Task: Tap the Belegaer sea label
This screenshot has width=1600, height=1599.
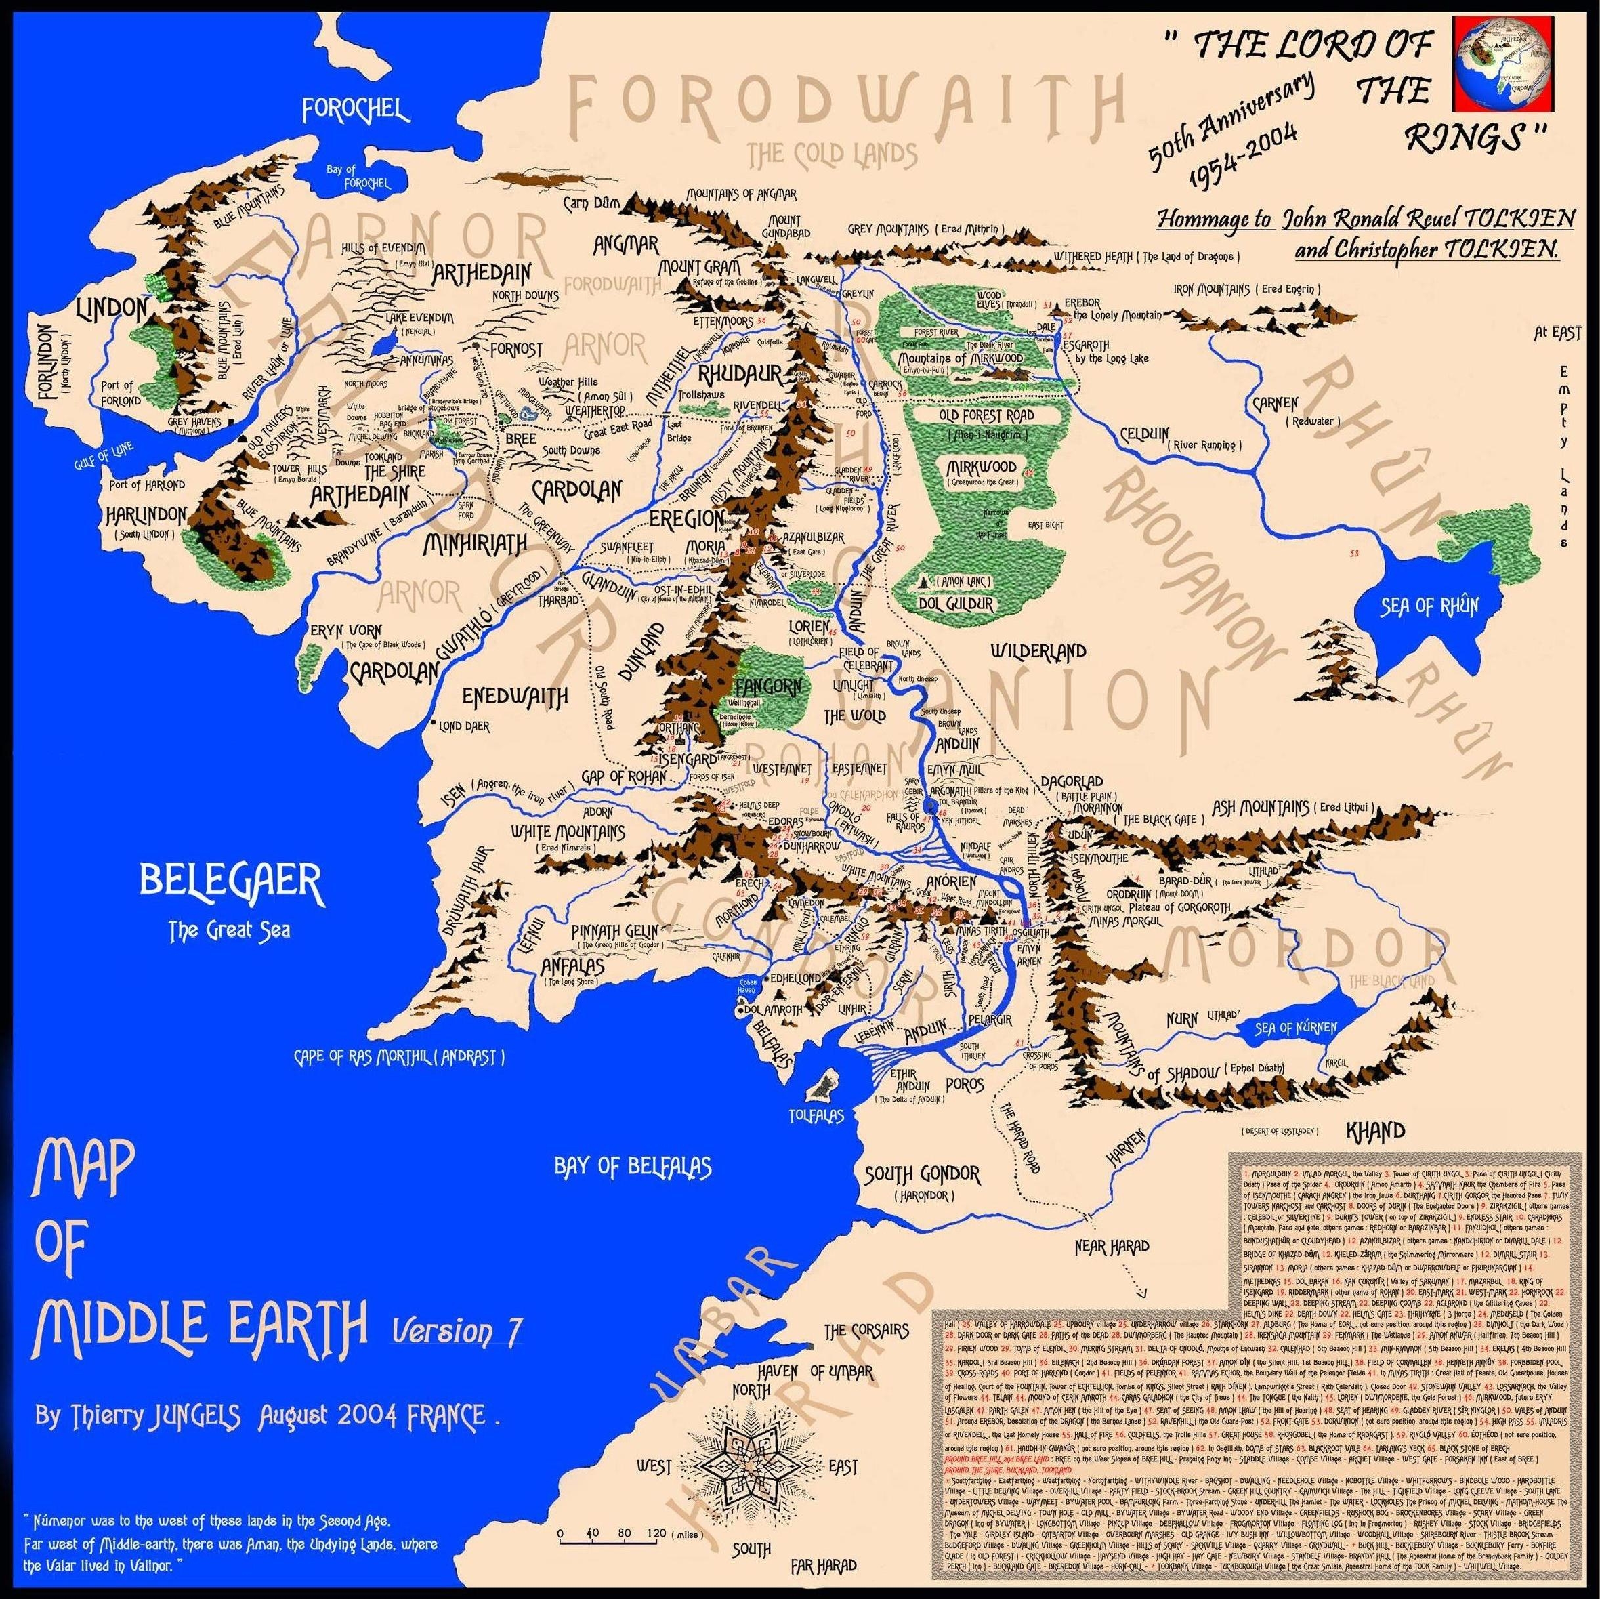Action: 230,887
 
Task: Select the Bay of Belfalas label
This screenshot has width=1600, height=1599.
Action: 633,1166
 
